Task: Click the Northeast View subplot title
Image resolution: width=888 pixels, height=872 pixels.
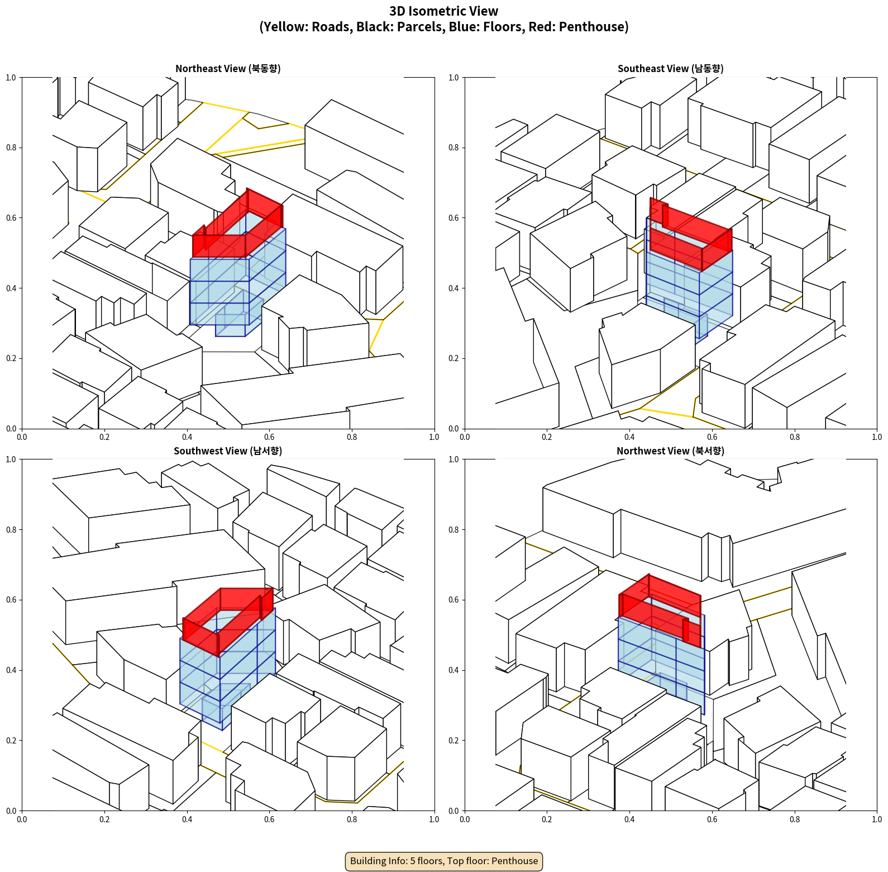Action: click(228, 69)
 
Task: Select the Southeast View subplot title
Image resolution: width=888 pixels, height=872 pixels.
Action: click(670, 69)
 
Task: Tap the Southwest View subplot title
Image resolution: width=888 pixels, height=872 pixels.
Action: click(228, 451)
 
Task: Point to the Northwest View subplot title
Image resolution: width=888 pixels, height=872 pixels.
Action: click(670, 451)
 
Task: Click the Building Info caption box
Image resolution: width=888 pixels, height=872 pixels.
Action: click(444, 861)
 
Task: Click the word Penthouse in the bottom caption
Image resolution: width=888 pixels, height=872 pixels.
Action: click(515, 861)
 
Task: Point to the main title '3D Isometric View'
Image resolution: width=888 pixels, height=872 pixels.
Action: click(444, 11)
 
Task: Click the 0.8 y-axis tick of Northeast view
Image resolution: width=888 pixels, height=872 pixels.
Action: click(11, 148)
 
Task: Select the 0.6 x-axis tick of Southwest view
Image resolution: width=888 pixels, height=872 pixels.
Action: click(269, 819)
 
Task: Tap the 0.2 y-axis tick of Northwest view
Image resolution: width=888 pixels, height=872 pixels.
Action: click(453, 741)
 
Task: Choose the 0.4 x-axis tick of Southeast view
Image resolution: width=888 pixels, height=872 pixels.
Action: click(629, 437)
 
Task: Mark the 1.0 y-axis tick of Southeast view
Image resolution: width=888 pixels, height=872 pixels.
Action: click(453, 78)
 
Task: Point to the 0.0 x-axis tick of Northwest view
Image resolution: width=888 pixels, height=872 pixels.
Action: click(465, 819)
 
